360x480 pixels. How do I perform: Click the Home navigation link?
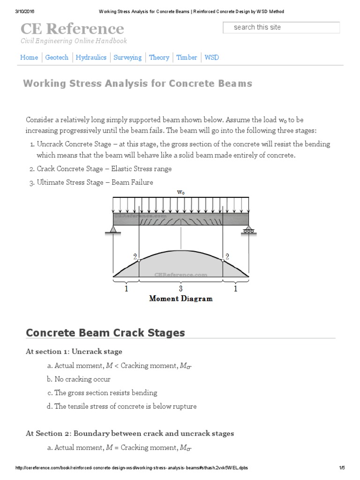pos(29,57)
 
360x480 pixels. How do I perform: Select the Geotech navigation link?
pos(57,57)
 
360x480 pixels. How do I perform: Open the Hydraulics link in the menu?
pos(91,57)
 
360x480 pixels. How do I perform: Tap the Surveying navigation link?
pos(127,57)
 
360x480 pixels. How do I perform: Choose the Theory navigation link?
pos(159,57)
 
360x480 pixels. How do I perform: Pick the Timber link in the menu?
pos(187,57)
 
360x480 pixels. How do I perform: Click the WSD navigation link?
pos(212,57)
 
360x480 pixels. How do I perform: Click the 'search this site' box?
pos(281,28)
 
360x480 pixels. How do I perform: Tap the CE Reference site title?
pos(72,29)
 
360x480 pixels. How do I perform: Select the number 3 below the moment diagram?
pos(180,289)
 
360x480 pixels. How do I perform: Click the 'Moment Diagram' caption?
pos(180,298)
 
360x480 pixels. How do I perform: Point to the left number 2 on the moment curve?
pos(135,256)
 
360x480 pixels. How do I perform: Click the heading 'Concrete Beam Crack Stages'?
pos(105,333)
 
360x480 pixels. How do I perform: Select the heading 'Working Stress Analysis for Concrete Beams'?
pos(138,83)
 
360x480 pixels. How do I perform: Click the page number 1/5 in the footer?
pos(342,468)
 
